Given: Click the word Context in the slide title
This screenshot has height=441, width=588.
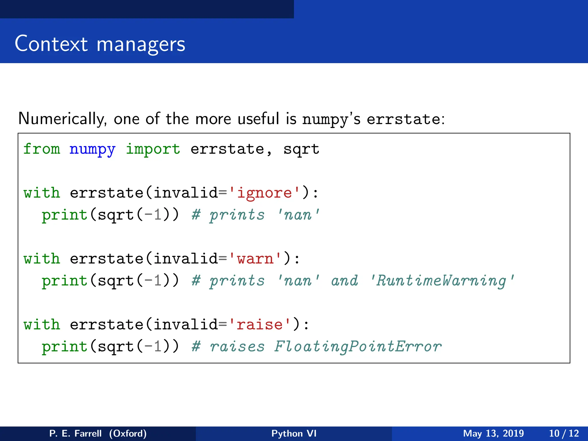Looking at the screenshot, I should [x=51, y=44].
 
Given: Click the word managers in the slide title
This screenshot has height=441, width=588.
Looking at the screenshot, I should [x=141, y=45].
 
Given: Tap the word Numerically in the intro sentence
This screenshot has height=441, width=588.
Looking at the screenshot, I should [x=62, y=119].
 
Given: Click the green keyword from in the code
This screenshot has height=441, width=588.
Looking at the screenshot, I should [x=42, y=149].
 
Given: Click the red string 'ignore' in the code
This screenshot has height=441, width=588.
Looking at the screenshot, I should [x=264, y=193].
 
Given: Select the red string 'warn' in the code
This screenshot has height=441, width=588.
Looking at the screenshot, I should [x=255, y=259].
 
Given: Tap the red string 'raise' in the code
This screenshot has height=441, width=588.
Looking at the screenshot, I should [x=260, y=325].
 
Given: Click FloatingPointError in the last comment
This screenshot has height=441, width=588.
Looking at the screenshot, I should [x=358, y=347].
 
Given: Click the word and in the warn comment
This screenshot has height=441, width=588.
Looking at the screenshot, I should [x=345, y=281].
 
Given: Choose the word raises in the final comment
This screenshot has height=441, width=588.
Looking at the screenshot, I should [x=237, y=347].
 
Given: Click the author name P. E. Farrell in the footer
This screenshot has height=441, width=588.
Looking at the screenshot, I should [x=75, y=433].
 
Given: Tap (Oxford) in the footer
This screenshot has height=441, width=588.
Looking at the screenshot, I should [x=128, y=433].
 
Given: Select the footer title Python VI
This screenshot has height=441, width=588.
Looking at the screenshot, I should [x=294, y=433].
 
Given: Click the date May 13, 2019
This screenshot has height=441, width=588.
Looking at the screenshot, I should [x=493, y=433].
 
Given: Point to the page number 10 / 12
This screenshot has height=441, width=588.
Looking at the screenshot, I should [x=564, y=433].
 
